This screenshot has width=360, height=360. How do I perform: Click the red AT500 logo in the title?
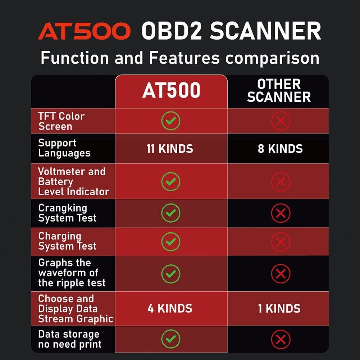click(x=84, y=31)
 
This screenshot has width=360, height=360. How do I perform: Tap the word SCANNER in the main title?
click(x=265, y=31)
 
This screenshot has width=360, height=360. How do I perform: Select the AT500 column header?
click(x=171, y=91)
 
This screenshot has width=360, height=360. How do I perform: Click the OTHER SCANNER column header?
click(x=279, y=91)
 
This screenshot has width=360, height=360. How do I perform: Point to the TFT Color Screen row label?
click(x=61, y=121)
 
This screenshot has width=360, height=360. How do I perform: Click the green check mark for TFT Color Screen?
click(x=171, y=121)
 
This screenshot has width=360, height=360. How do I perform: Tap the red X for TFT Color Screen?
click(x=281, y=121)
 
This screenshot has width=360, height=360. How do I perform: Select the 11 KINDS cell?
click(x=170, y=149)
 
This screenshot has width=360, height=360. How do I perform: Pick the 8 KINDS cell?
click(x=280, y=149)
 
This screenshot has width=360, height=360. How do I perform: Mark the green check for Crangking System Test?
click(x=171, y=213)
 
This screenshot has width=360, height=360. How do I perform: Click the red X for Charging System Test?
click(x=281, y=241)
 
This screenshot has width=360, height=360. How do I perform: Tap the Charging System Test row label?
click(x=67, y=241)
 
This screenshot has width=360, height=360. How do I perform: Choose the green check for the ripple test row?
click(x=171, y=274)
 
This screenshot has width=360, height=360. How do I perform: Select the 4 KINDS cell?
click(x=170, y=309)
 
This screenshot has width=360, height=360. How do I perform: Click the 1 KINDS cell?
click(x=279, y=309)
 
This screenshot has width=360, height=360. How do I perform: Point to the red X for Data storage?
click(x=281, y=339)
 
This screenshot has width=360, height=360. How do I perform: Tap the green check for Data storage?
click(x=171, y=339)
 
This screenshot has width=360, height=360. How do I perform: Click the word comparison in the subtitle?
click(x=272, y=58)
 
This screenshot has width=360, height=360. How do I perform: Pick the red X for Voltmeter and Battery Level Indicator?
click(x=281, y=182)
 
